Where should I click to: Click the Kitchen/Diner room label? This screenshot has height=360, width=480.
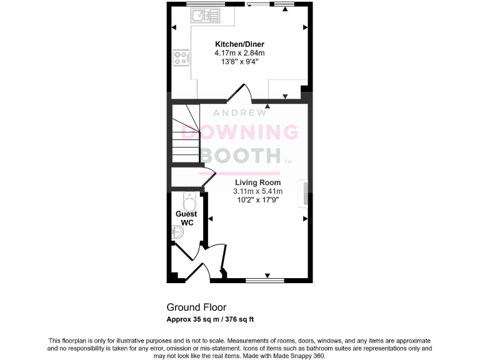239,44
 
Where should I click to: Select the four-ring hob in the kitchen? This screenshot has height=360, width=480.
182,57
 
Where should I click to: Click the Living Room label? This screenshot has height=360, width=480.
257,182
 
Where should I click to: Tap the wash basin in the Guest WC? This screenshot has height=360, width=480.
177,233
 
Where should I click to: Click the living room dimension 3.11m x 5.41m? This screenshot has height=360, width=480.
257,191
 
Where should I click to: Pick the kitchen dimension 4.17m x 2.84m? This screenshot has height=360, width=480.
239,53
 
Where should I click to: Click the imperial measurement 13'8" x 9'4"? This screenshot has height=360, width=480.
239,62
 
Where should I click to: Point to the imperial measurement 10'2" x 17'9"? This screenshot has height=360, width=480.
257,200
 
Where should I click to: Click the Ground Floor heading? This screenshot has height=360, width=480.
196,307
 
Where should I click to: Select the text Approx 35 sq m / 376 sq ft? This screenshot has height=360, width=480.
209,319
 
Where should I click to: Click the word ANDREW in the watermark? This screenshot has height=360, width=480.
240,113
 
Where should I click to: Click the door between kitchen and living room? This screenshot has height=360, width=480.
239,94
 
